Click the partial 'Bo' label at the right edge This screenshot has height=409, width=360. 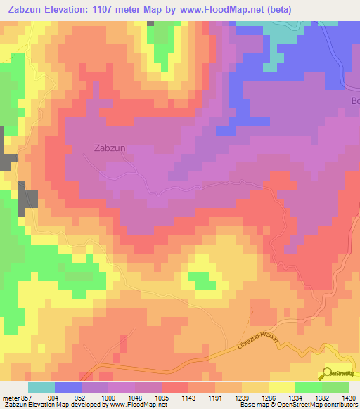(354, 101)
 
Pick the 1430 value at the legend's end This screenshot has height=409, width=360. (347, 398)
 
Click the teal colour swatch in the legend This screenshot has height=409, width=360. (41, 387)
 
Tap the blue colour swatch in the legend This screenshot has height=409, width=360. (67, 387)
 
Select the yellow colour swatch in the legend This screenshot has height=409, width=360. (281, 387)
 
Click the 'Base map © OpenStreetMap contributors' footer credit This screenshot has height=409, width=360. (299, 405)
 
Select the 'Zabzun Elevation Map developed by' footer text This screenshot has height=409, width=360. (50, 405)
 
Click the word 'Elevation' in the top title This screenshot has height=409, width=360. (65, 8)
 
